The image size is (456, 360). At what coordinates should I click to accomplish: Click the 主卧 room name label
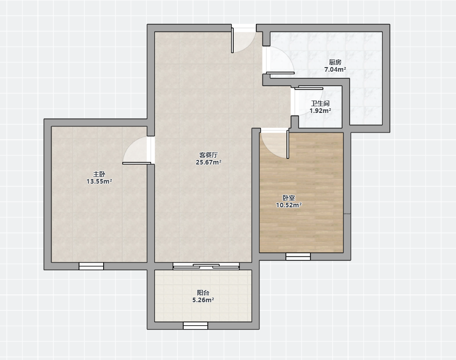[x=99, y=174]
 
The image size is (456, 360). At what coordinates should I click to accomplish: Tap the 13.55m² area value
[x=99, y=182]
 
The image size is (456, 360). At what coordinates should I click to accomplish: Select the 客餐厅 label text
[x=208, y=155]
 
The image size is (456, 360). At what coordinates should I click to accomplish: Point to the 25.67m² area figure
[x=208, y=162]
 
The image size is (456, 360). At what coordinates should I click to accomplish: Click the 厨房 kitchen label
[x=335, y=62]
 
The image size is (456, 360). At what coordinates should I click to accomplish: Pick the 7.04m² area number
[x=335, y=70]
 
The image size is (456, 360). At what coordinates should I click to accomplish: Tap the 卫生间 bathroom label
[x=320, y=104]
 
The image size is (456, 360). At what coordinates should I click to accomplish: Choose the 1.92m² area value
[x=320, y=111]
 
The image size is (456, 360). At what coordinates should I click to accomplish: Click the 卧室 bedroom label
[x=289, y=198]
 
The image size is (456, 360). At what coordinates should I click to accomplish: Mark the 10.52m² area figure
[x=289, y=205]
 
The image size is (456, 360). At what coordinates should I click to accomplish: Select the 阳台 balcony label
[x=203, y=293]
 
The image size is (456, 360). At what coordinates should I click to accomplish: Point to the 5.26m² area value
[x=203, y=300]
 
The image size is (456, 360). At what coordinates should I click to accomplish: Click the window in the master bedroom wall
[x=91, y=266]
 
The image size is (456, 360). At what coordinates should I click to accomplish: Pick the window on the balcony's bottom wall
[x=196, y=325]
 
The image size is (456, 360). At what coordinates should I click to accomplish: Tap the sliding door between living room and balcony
[x=206, y=266]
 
